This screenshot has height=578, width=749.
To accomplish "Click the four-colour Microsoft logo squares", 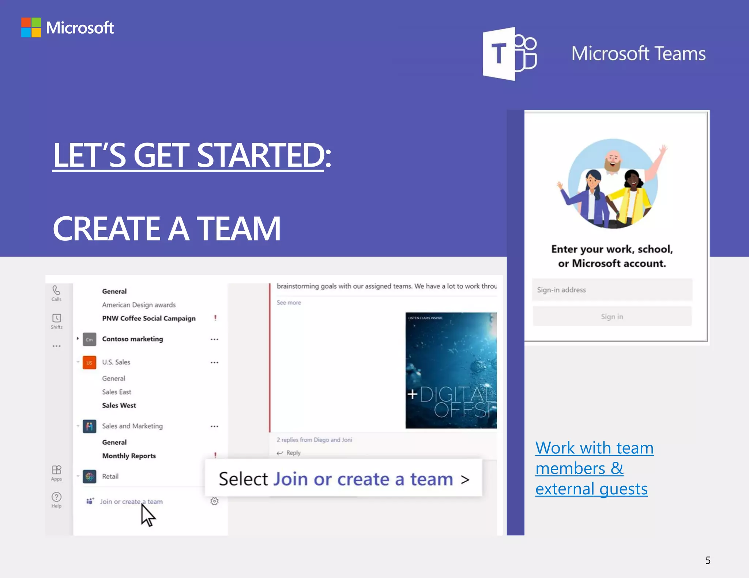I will click(31, 27).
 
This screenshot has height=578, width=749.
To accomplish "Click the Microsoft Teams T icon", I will click(509, 54).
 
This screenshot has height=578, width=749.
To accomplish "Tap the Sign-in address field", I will click(612, 290).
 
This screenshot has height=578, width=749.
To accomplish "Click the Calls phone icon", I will click(56, 291).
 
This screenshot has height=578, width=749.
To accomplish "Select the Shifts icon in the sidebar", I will click(57, 318).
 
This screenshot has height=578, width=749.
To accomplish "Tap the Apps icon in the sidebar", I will click(57, 470).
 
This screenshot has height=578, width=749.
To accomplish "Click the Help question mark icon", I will click(57, 497).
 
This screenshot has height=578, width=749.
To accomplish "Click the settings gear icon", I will click(215, 501).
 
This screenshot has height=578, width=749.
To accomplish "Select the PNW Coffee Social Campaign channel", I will click(149, 318).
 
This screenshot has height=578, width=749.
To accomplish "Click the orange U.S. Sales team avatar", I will click(89, 362).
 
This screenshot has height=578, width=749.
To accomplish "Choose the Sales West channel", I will click(119, 405).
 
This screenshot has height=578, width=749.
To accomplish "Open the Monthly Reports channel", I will click(129, 456).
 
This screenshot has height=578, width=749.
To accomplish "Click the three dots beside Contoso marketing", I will click(214, 339).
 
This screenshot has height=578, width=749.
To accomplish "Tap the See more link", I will click(289, 303).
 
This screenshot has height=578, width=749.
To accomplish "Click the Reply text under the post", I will click(293, 453).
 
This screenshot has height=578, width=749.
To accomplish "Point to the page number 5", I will click(708, 560).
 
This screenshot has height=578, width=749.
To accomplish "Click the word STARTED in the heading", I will click(260, 155).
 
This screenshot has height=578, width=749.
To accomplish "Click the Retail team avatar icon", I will click(90, 476).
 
